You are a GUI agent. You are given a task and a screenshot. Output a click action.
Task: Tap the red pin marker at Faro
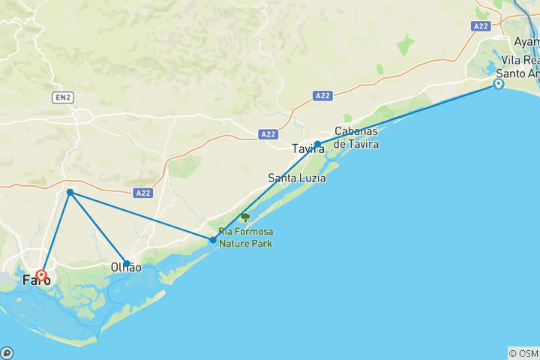(41, 275)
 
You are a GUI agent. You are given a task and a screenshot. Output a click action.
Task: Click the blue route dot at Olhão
(127, 263)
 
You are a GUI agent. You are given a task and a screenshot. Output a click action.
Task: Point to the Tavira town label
(308, 149)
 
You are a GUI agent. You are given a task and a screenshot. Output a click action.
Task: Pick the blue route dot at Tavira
(318, 144)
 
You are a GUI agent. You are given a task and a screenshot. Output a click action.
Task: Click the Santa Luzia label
(296, 178)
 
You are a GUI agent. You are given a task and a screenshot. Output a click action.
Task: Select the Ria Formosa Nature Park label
(245, 238)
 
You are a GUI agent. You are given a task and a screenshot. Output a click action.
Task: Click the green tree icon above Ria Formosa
(245, 217)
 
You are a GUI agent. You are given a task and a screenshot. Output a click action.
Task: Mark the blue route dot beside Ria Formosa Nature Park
(214, 240)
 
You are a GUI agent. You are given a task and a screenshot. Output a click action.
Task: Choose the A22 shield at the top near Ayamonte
(481, 26)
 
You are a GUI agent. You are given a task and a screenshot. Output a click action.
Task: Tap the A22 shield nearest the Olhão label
(144, 193)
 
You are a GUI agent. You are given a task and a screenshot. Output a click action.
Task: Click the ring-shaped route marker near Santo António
(498, 85)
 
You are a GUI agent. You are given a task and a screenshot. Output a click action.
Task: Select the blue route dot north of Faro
(70, 193)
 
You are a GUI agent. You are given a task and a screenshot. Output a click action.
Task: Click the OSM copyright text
(523, 352)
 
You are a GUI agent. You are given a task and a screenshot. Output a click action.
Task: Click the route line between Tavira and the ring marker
(409, 114)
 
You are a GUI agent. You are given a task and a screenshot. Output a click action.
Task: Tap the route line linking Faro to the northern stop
(55, 234)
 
